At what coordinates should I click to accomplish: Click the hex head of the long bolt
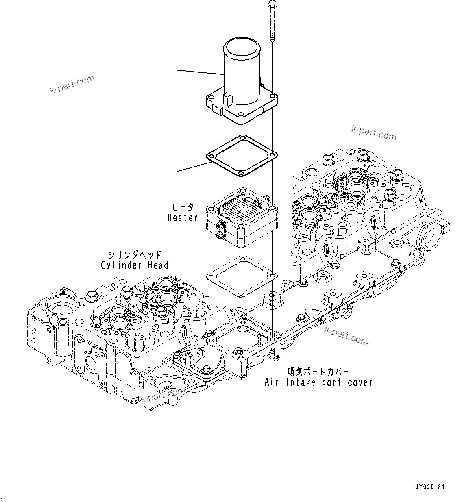tap(271, 5)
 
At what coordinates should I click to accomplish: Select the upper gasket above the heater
tap(242, 156)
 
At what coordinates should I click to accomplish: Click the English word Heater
tap(183, 218)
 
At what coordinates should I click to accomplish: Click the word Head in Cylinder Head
tap(158, 265)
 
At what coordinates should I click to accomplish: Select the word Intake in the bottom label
tap(300, 382)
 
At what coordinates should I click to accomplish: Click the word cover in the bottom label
tap(359, 382)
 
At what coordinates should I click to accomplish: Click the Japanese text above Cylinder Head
tap(134, 255)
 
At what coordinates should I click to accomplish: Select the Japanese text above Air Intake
tap(318, 372)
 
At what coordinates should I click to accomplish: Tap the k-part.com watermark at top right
tap(374, 133)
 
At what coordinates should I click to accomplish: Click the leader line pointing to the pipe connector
tap(200, 72)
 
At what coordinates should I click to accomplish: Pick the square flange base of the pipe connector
tap(242, 106)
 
